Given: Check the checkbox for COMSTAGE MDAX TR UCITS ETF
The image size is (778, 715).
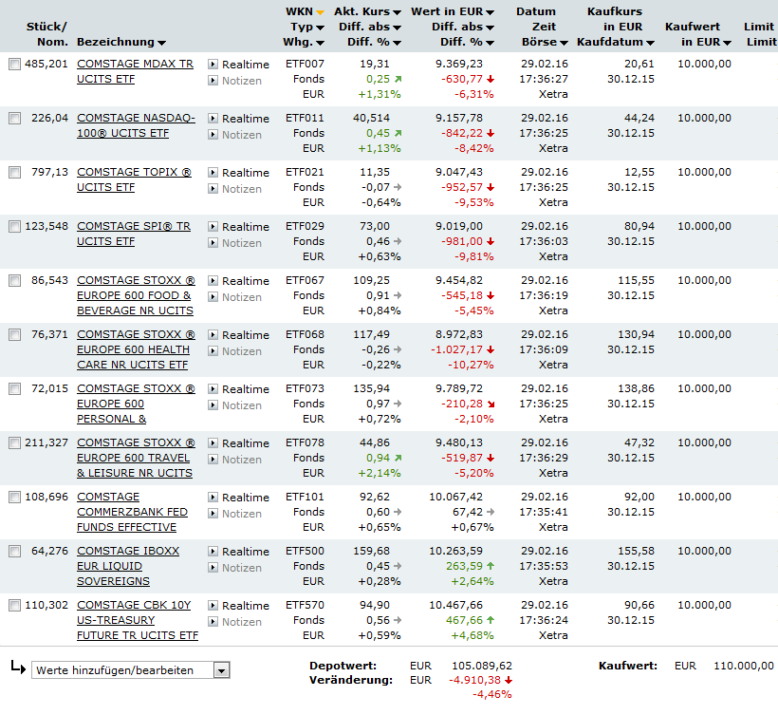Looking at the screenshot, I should [14, 65].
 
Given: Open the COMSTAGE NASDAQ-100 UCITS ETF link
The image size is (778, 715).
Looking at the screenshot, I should [136, 119].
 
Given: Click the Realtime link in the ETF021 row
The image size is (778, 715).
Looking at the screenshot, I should [245, 173].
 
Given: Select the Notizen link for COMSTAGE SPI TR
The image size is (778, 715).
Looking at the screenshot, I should [241, 243].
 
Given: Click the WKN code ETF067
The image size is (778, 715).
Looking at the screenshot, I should [305, 281].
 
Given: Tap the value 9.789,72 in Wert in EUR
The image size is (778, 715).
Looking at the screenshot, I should [459, 389].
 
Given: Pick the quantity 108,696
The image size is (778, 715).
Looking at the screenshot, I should [46, 498].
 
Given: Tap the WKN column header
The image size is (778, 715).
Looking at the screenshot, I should [299, 12].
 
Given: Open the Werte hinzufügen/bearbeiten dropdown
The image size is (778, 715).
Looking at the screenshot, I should [221, 670].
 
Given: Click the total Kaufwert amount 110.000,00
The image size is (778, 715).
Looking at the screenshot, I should [739, 666].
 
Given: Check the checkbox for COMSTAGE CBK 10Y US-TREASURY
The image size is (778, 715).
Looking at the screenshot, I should [14, 606].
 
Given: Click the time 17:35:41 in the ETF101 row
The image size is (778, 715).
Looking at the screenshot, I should [544, 513].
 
